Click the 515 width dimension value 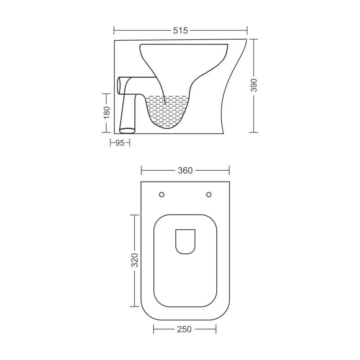click(x=180, y=31)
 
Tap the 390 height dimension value click(x=254, y=85)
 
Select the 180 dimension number click(x=107, y=112)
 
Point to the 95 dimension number click(x=120, y=143)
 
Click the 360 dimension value click(x=185, y=171)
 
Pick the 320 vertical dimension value click(x=135, y=260)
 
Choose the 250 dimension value click(x=184, y=329)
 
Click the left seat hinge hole click(x=162, y=195)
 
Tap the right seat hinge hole click(x=209, y=195)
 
